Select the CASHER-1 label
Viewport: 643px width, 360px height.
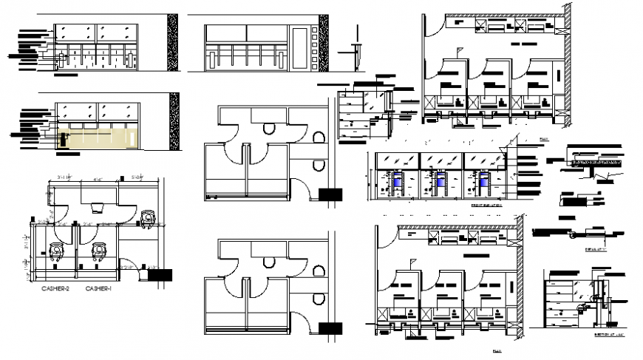[x=98, y=288]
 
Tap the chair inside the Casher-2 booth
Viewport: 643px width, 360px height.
[x=55, y=253]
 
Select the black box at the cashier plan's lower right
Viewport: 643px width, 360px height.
[x=159, y=274]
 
